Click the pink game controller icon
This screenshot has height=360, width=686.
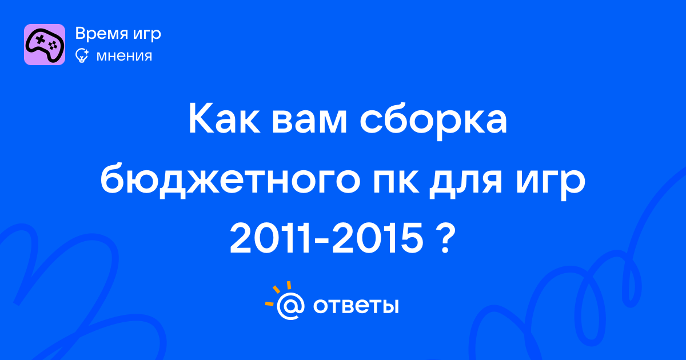45,45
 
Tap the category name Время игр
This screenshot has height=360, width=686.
118,34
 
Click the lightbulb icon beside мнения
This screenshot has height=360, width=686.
82,56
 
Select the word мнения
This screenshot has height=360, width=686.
124,57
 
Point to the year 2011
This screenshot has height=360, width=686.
270,238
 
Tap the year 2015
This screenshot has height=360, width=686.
377,238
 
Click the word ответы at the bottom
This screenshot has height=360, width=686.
356,306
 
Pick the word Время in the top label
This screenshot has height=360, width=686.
102,33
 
